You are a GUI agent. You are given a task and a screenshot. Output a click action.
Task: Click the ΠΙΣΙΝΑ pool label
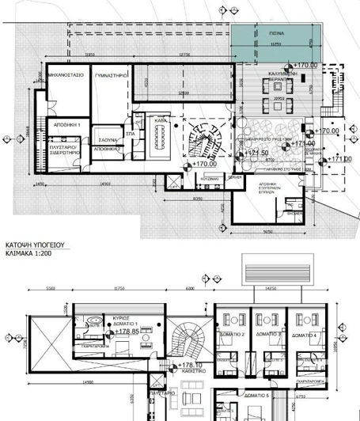click(x=282, y=35)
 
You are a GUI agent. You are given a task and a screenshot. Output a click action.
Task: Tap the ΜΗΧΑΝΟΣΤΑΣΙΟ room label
click(x=66, y=78)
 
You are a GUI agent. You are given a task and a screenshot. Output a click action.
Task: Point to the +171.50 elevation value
click(x=255, y=153)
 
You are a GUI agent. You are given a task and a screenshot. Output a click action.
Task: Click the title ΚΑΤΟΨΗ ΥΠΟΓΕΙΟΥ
click(x=38, y=247)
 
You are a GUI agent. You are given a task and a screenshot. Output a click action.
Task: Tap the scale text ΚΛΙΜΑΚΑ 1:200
click(x=36, y=256)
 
